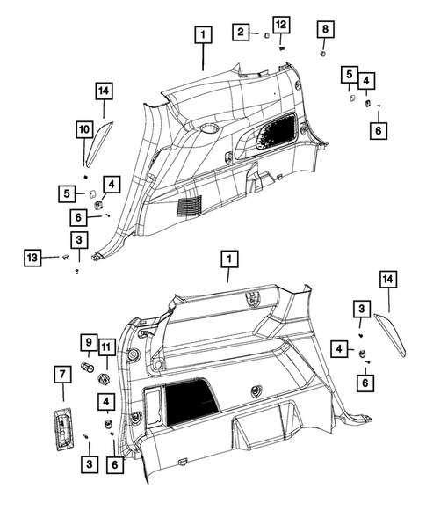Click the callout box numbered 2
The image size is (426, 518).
click(239, 33)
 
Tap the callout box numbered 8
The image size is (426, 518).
click(326, 32)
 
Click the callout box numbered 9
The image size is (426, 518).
click(88, 342)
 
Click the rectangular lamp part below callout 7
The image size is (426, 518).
click(61, 431)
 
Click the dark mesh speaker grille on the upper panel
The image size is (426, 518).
click(278, 133)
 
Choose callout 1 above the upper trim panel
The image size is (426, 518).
click(203, 35)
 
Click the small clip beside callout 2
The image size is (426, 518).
click(264, 36)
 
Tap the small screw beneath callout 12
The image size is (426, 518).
click(281, 48)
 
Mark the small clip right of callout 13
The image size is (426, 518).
click(65, 256)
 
